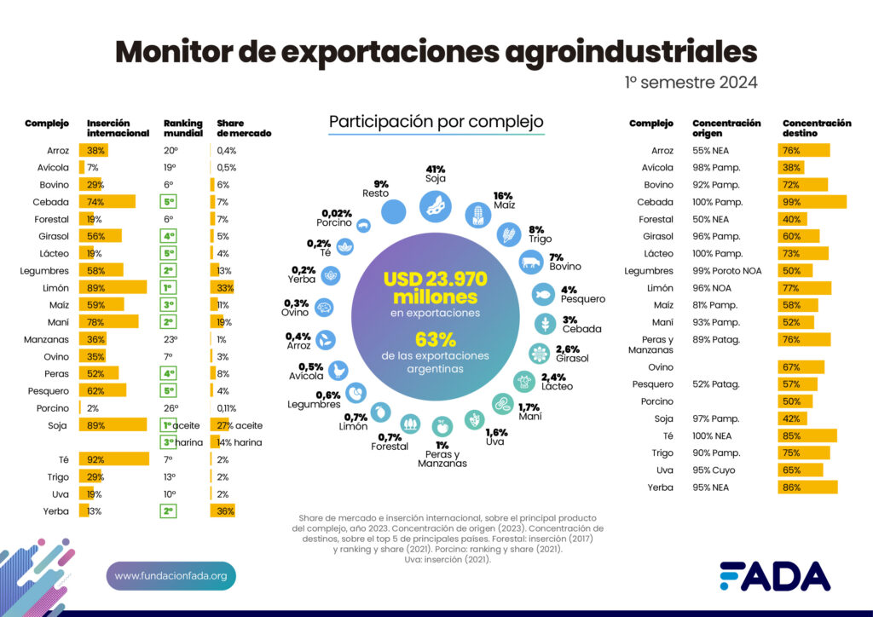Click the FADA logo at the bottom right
coord(774,576)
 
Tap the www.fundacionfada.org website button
coord(171,576)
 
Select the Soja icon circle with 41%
coord(436,205)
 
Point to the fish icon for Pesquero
coord(546,294)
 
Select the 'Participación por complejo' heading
coord(436,122)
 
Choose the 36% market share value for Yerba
coord(223,510)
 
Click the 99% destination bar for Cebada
coord(812,202)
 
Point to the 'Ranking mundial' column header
coord(182,129)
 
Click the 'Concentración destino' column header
coord(816,129)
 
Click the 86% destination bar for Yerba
coord(807,487)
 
